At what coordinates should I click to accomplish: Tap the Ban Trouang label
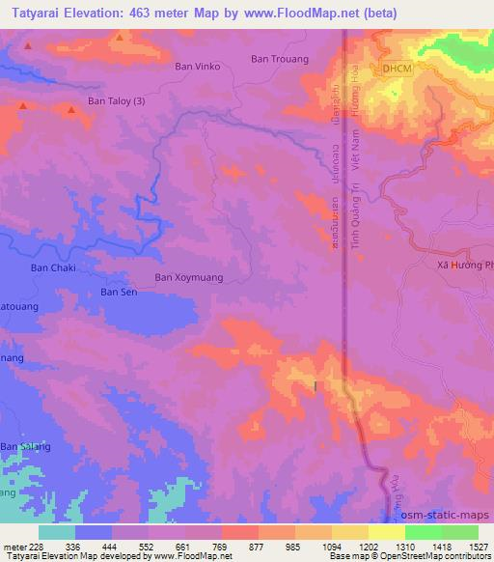coord(279,59)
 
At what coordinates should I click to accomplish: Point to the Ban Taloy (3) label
coord(117,99)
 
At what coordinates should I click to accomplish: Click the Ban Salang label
coord(23,446)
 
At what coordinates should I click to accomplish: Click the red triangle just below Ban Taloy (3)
coord(71,111)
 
